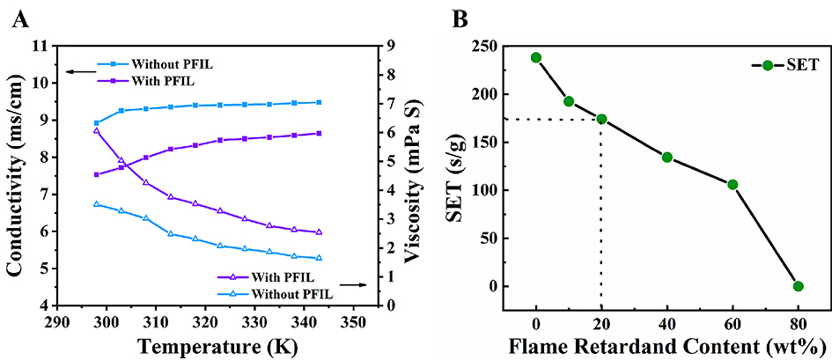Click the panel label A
click(16, 17)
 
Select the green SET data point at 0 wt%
click(536, 57)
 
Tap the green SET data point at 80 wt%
click(799, 286)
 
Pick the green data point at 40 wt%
click(667, 158)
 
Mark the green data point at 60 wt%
click(733, 185)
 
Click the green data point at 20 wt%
click(601, 119)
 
